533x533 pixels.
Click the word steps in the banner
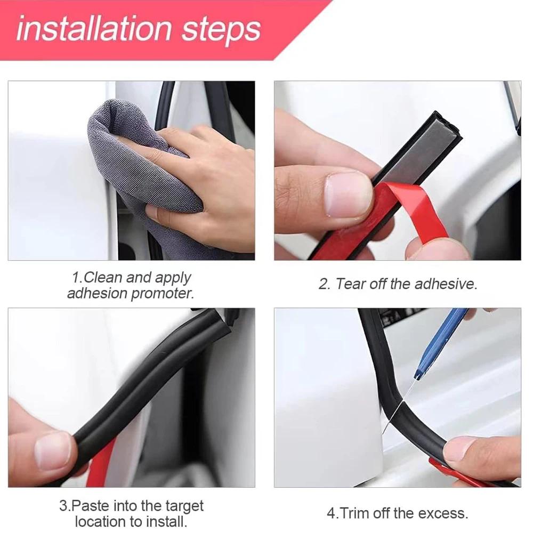pos(221,29)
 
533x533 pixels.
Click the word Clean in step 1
pos(103,278)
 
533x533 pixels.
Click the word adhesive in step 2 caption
pos(445,284)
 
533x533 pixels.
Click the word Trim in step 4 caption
pos(356,514)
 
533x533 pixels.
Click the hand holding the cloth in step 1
pos(213,181)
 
